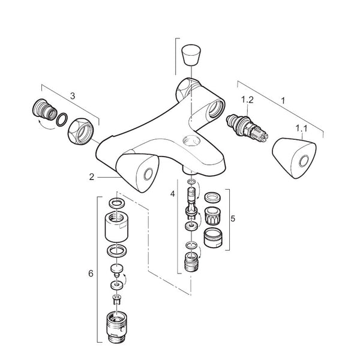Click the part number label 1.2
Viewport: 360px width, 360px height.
click(x=248, y=100)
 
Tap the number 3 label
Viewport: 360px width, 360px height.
click(x=73, y=95)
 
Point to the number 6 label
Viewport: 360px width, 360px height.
click(x=91, y=273)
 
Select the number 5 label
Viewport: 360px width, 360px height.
click(x=232, y=218)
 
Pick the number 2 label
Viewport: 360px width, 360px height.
click(x=91, y=177)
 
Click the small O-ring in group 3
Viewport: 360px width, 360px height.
click(x=61, y=120)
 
